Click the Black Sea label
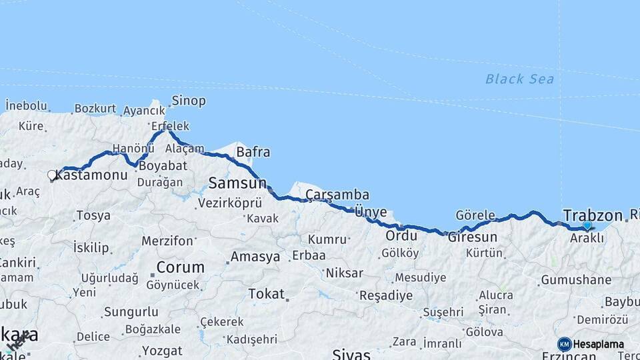point(519,79)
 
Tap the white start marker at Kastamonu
point(52,175)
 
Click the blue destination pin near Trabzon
point(587,226)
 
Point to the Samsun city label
point(237,183)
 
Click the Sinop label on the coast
point(189,101)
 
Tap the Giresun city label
point(473,237)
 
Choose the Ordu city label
point(401,235)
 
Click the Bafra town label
point(253,153)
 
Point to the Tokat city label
point(267,293)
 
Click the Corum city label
point(180,267)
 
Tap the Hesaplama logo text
point(599,345)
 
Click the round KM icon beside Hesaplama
point(565,344)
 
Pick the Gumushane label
point(576,280)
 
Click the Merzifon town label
point(167,241)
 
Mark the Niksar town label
point(344,273)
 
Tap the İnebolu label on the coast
point(27,106)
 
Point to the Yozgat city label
point(162,351)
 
